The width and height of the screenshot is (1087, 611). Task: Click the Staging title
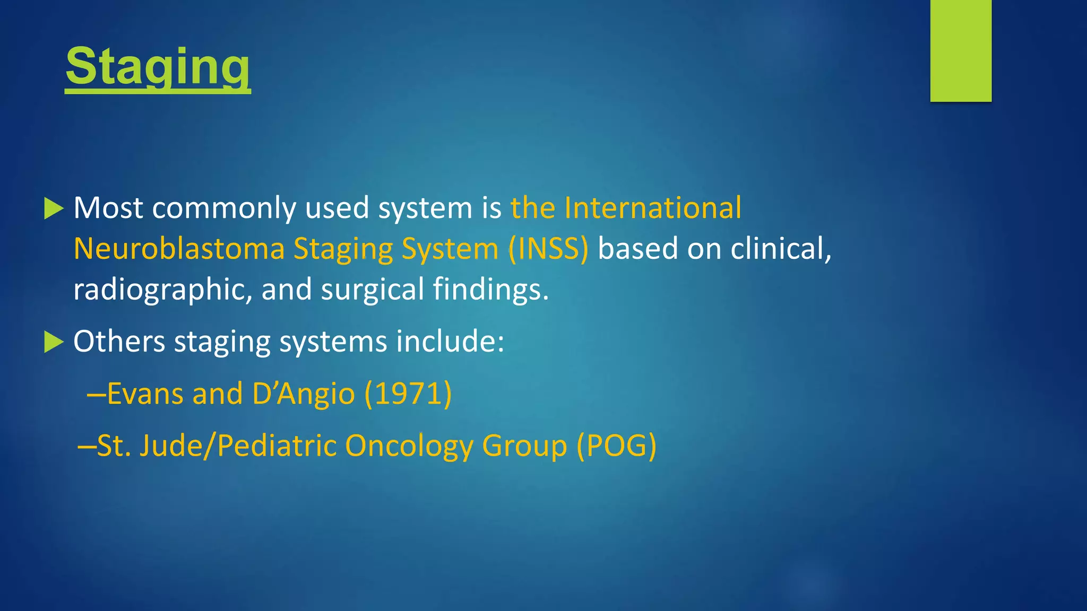(158, 67)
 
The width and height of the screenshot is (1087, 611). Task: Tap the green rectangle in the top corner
(960, 50)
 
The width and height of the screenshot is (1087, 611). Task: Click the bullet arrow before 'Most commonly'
(54, 208)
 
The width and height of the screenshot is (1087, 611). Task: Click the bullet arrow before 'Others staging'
(54, 342)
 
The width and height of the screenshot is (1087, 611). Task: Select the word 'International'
(652, 207)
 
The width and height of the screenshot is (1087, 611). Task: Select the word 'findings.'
(490, 290)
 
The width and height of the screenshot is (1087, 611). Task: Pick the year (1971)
(408, 394)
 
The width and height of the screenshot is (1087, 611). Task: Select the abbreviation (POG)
(616, 446)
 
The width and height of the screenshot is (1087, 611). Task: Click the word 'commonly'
(223, 207)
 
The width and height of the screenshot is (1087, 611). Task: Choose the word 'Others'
(119, 341)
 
